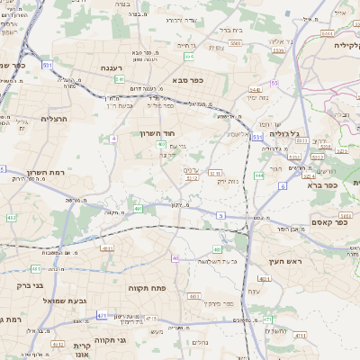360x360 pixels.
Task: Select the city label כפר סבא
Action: pyautogui.click(x=185, y=80)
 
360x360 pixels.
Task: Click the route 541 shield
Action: pyautogui.click(x=119, y=79)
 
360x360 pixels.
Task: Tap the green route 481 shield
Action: pyautogui.click(x=35, y=268)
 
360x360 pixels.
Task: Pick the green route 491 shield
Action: pyautogui.click(x=139, y=209)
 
